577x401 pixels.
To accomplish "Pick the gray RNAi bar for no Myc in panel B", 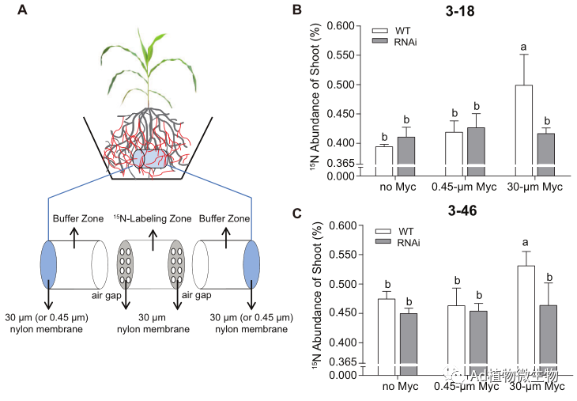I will (405, 154).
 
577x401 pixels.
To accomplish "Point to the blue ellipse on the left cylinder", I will (47, 267).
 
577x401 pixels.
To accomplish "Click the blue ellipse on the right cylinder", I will (251, 267).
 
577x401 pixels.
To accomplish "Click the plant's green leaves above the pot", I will (147, 59).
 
